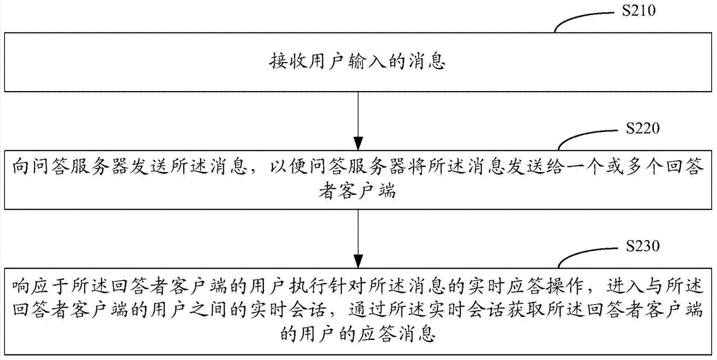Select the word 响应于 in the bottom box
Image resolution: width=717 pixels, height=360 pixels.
point(38,288)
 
